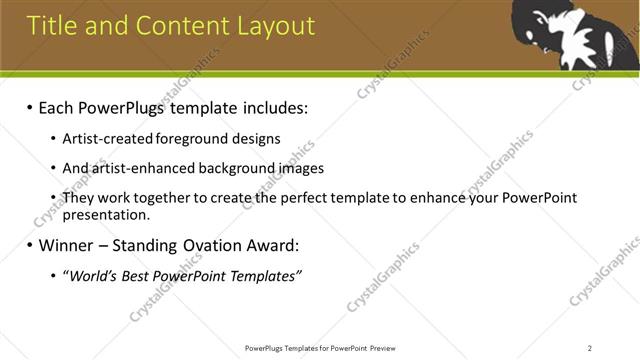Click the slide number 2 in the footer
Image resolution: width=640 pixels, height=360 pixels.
pos(589,348)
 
